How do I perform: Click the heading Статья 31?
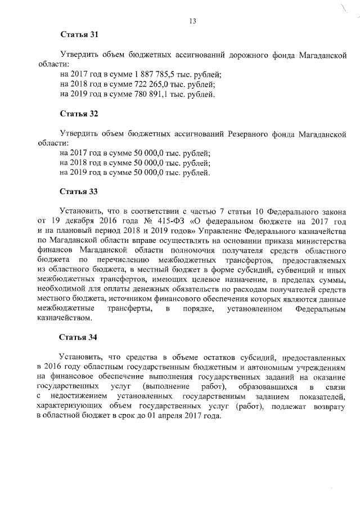point(79,35)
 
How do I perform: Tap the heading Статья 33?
point(79,191)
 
